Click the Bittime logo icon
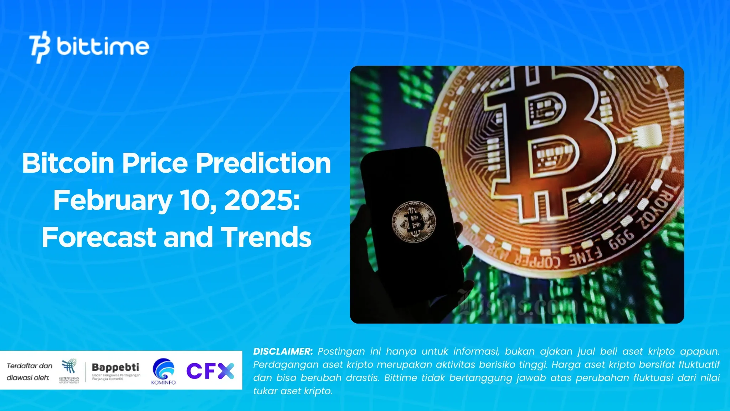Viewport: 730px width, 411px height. click(x=40, y=47)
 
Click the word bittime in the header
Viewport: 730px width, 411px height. click(x=103, y=47)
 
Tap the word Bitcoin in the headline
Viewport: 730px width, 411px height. click(x=68, y=163)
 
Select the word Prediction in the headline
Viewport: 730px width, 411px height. click(x=263, y=163)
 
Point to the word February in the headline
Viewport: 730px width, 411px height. click(x=113, y=201)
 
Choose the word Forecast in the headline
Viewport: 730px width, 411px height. click(x=99, y=238)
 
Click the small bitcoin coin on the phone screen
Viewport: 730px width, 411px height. click(x=414, y=222)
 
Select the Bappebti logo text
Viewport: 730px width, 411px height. click(x=115, y=367)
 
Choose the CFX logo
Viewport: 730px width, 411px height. click(x=210, y=371)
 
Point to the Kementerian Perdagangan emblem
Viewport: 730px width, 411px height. click(x=69, y=371)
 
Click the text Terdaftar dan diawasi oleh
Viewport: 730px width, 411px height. click(x=29, y=371)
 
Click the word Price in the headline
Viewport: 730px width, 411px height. click(x=155, y=163)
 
